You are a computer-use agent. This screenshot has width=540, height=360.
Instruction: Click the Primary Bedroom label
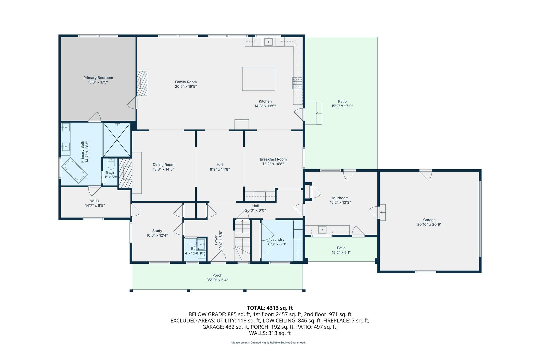98,78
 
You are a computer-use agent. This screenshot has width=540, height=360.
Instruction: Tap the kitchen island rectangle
258,79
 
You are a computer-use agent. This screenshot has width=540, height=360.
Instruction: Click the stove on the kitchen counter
298,83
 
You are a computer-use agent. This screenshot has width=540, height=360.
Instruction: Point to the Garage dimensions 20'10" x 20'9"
429,225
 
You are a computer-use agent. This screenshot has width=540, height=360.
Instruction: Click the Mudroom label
340,198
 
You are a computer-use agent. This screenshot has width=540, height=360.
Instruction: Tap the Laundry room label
277,239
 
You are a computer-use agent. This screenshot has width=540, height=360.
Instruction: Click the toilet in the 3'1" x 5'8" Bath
111,164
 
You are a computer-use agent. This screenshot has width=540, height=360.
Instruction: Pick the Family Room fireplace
143,83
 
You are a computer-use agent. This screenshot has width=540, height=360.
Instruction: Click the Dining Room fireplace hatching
126,173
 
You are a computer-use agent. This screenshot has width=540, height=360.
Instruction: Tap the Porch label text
217,275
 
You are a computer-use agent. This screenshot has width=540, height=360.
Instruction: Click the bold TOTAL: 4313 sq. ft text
270,308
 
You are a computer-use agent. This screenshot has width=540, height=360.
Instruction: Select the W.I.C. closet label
95,201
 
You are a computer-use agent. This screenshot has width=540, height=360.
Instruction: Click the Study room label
157,231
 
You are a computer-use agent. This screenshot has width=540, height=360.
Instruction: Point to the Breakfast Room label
273,159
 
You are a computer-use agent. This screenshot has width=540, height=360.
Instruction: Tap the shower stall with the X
117,140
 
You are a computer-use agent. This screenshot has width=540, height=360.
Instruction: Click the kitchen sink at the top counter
269,42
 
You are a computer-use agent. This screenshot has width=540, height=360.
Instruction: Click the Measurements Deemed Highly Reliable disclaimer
268,343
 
